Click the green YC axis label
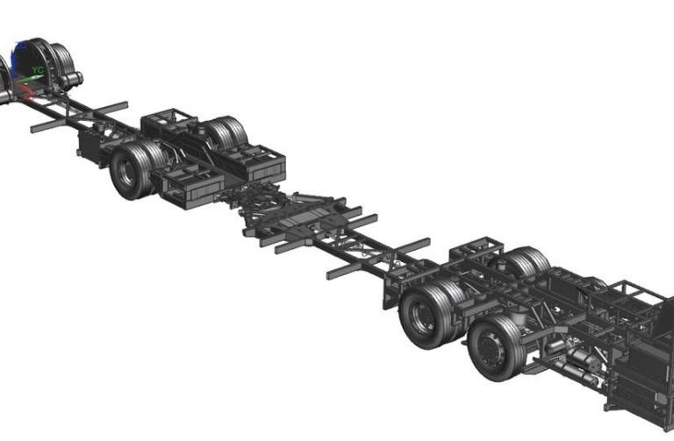[38, 68]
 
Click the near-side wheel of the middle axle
[132, 170]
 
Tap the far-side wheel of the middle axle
[224, 135]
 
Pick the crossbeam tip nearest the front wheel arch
[35, 128]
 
